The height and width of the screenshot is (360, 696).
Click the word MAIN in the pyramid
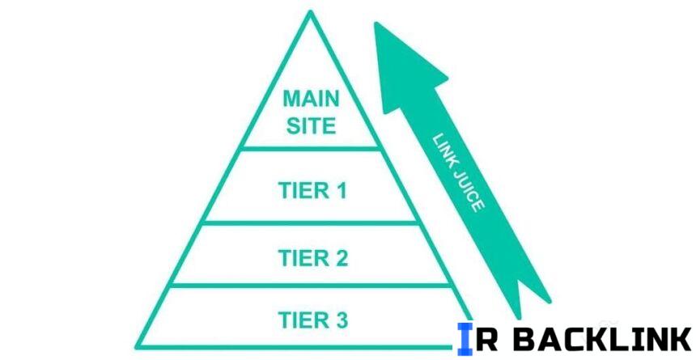[310, 100]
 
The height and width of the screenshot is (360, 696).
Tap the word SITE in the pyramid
[310, 125]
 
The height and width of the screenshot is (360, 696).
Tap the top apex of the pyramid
[309, 12]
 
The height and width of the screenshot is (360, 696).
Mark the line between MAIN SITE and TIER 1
[310, 148]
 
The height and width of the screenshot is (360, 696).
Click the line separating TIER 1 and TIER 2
[310, 222]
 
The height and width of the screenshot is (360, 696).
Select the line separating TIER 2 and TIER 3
[310, 284]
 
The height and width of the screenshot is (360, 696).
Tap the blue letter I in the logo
[465, 338]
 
